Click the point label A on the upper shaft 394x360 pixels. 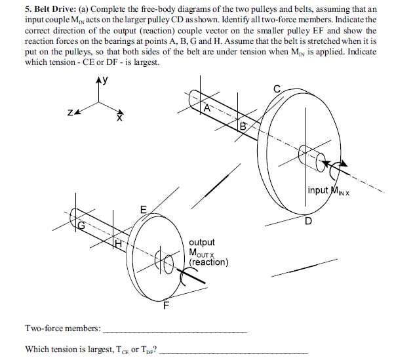pyautogui.click(x=207, y=109)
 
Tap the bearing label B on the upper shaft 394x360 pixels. pyautogui.click(x=243, y=126)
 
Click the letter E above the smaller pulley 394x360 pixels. pyautogui.click(x=142, y=209)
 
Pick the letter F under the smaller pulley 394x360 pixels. pyautogui.click(x=166, y=304)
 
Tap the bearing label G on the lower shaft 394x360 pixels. pyautogui.click(x=81, y=226)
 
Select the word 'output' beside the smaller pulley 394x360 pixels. pyautogui.click(x=201, y=243)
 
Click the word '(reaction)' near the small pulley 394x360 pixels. pyautogui.click(x=208, y=262)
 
